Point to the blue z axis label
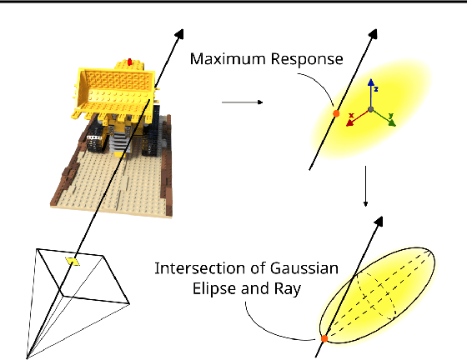coord(377,88)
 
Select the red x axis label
coord(353,113)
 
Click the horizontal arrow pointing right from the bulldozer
coord(242,103)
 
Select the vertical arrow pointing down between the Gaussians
coord(365,187)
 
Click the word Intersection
coord(193,268)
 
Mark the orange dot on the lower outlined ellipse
coord(323,338)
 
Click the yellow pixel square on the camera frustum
coord(73,262)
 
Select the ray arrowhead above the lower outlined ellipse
coord(383,220)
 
